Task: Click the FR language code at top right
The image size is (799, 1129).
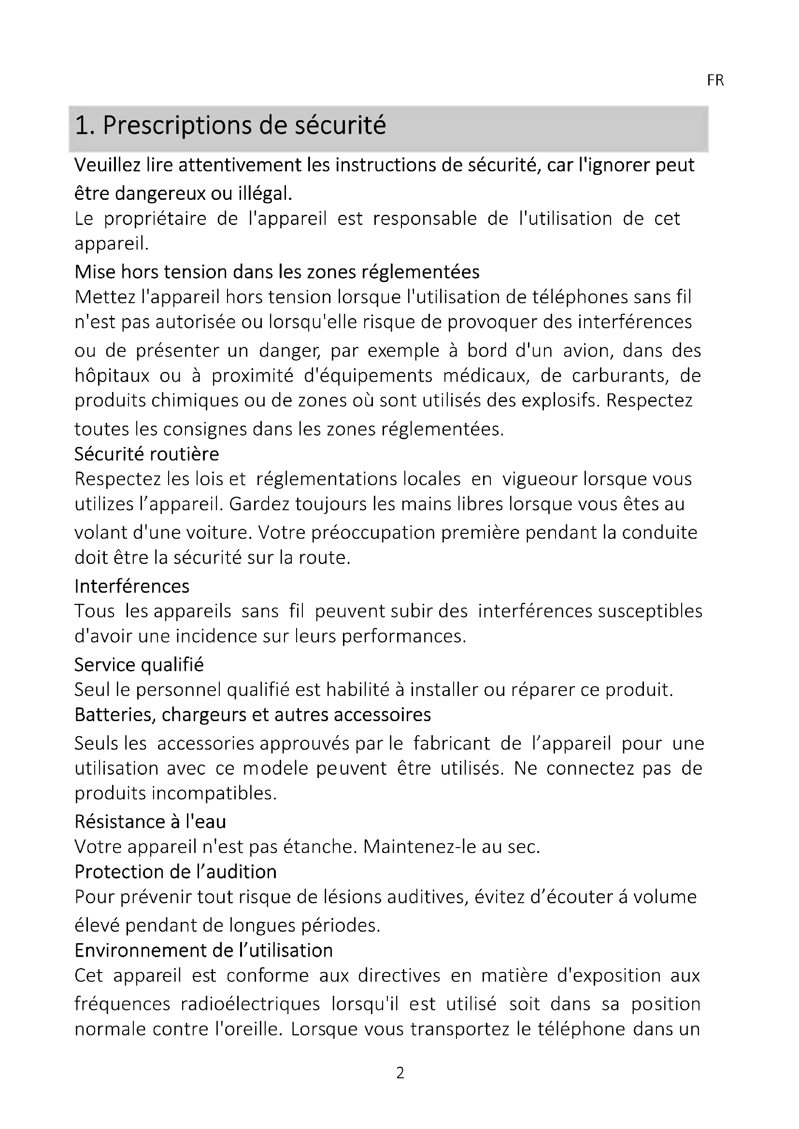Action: click(715, 80)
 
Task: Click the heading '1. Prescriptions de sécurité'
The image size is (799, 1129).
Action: click(230, 125)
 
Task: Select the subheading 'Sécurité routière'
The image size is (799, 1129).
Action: click(147, 453)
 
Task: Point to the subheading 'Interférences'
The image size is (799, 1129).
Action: click(132, 586)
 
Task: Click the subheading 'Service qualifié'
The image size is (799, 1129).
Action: click(139, 665)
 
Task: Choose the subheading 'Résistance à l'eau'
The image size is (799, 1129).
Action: click(150, 822)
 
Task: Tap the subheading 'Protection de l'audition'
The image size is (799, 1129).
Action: click(176, 872)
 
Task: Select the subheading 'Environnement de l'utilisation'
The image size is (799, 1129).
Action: click(204, 950)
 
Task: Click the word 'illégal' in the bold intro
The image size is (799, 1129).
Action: click(265, 193)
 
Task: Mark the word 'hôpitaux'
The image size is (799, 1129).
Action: click(112, 376)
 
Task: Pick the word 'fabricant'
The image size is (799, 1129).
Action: click(451, 743)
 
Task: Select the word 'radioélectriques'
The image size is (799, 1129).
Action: click(250, 1004)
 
